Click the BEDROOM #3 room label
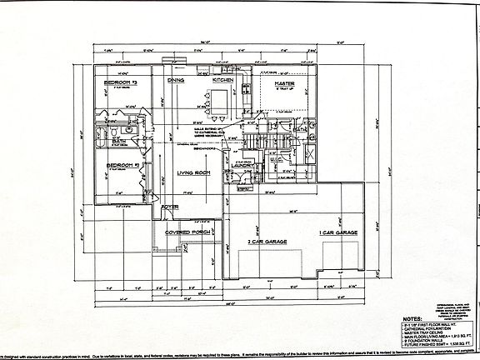[121, 84]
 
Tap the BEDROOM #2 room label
[121, 165]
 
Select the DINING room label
[176, 81]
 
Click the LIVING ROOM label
[192, 173]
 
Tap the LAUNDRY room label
[243, 165]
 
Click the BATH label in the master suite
[299, 129]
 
